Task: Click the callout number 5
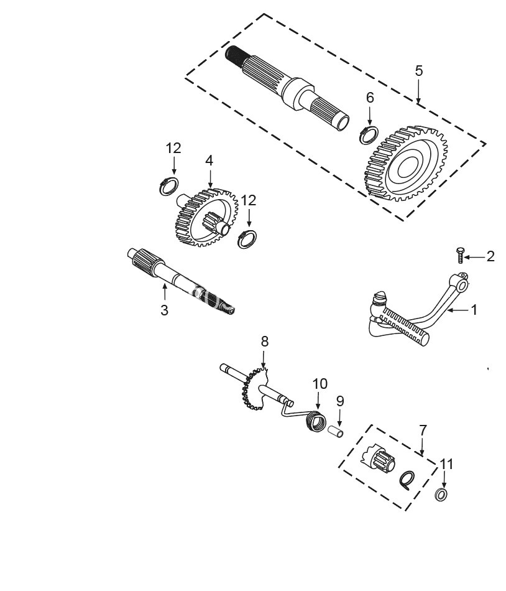(419, 70)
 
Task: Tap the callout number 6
(370, 98)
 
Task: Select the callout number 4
(209, 161)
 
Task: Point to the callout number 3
(164, 310)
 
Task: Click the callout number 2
(490, 256)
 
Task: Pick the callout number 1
(474, 309)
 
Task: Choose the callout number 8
(264, 341)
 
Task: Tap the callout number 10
(320, 384)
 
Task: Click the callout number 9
(340, 401)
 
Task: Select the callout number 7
(423, 430)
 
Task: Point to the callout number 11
(447, 464)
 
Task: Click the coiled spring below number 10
(316, 422)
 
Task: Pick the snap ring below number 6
(369, 134)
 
